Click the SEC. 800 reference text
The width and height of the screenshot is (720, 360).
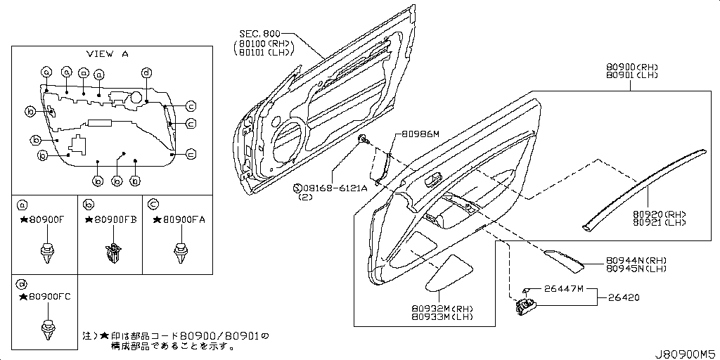(x=259, y=33)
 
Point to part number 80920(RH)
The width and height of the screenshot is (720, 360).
(x=657, y=214)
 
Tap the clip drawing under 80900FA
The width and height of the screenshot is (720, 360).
(x=181, y=252)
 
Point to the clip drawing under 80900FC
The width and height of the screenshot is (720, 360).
(x=47, y=328)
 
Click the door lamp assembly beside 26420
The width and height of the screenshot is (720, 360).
(x=526, y=306)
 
